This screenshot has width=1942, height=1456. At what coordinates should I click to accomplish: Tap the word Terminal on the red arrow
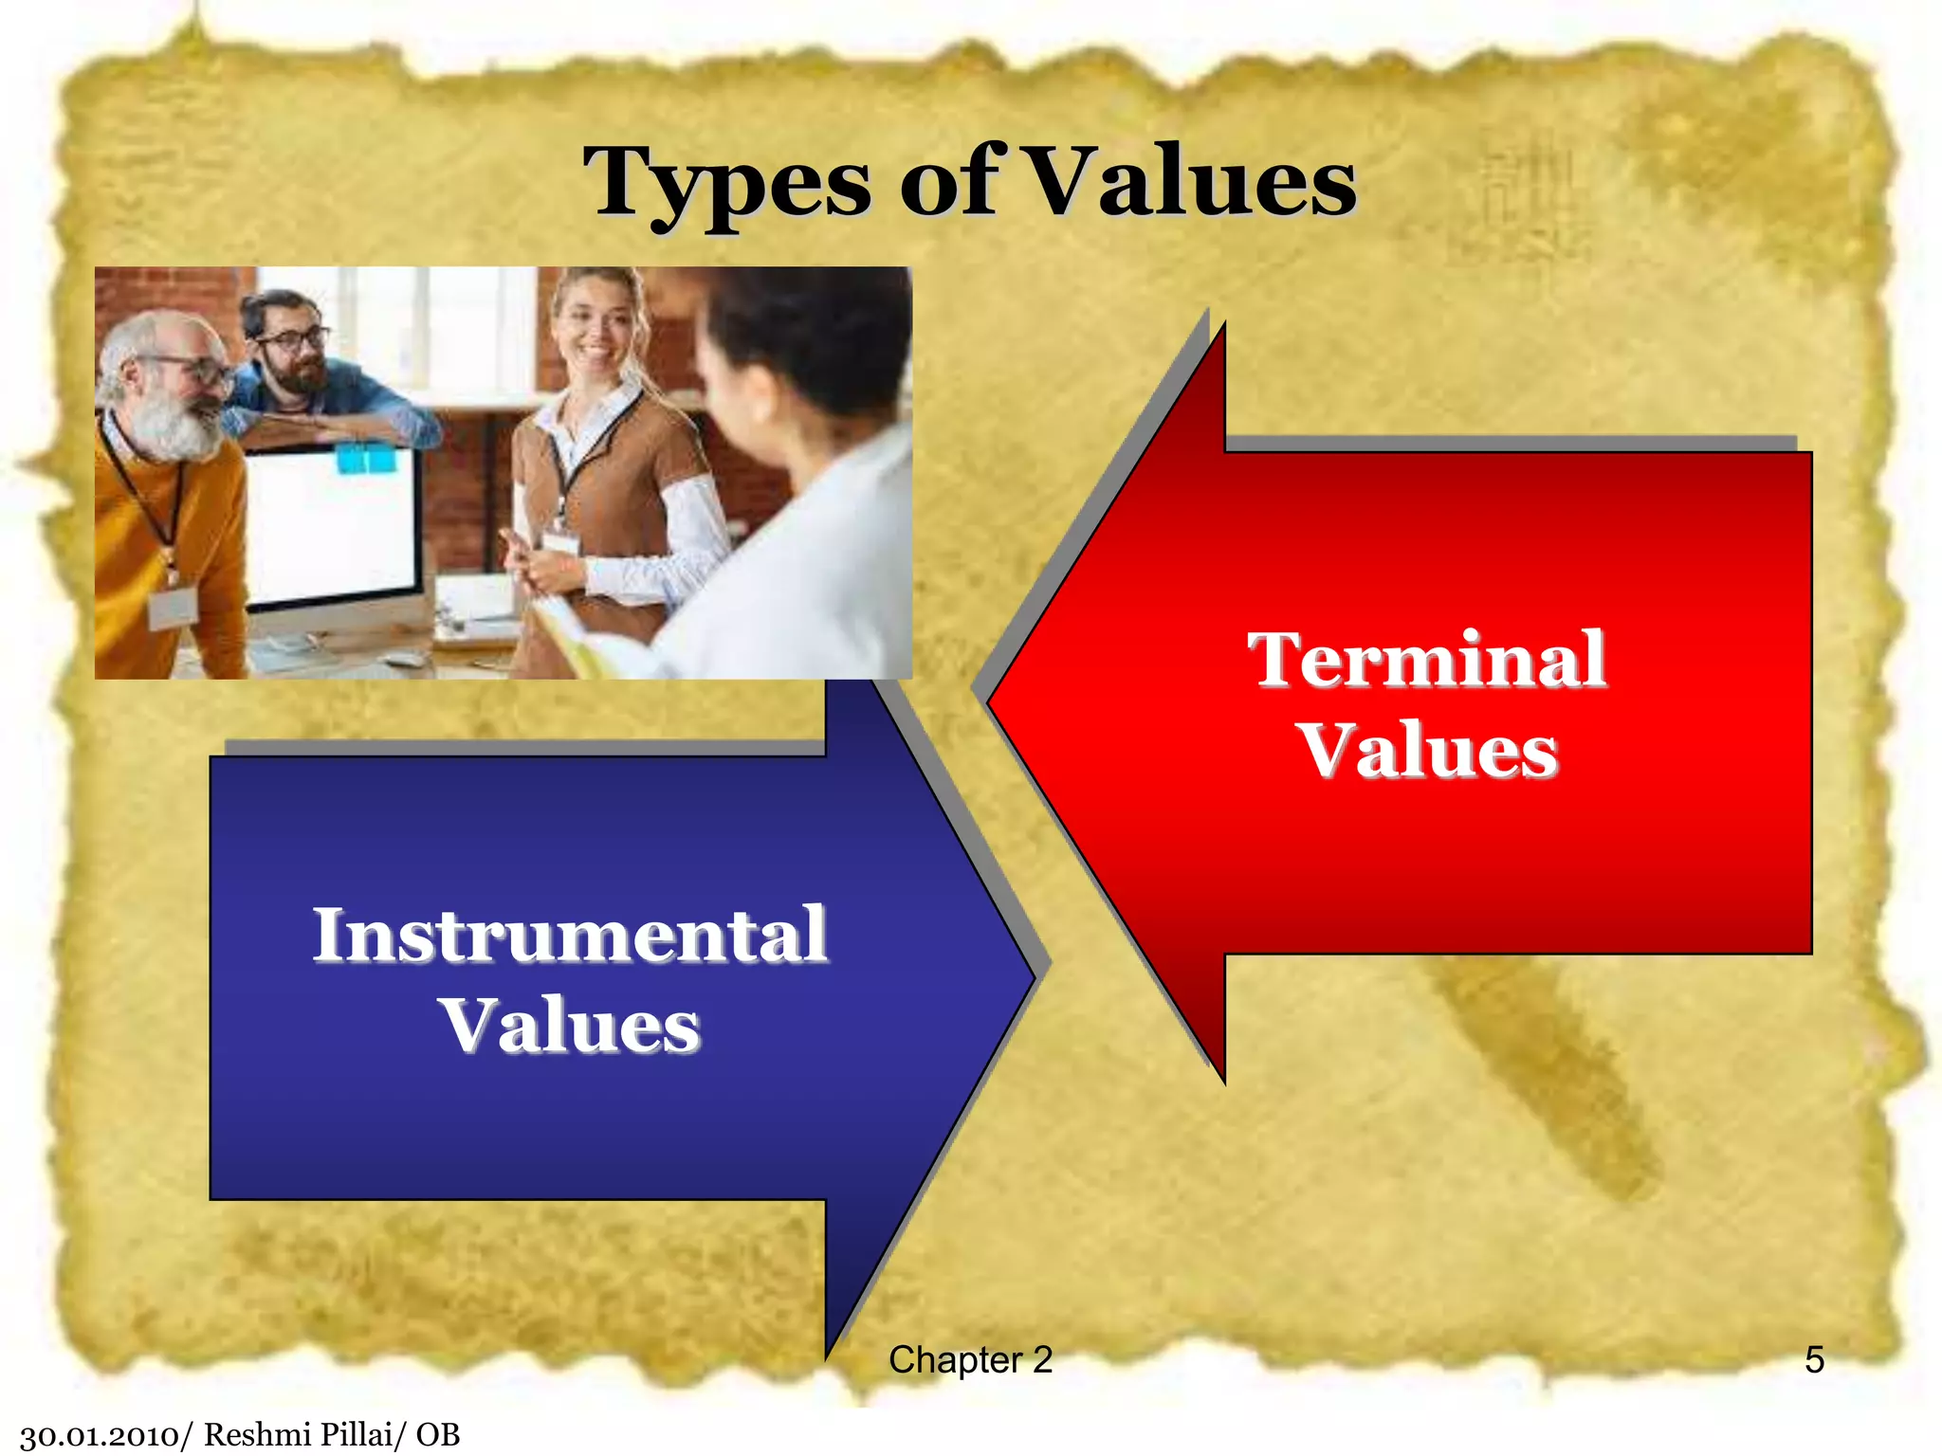[1426, 660]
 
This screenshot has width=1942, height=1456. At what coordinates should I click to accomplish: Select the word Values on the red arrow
[1428, 751]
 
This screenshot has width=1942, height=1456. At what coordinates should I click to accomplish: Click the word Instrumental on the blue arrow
[570, 935]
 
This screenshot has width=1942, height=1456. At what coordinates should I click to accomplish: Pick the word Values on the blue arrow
[570, 1026]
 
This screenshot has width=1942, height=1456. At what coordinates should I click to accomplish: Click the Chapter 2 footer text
[970, 1360]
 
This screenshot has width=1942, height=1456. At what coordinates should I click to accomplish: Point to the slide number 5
[1814, 1360]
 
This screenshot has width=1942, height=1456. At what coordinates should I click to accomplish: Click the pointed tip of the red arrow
[991, 702]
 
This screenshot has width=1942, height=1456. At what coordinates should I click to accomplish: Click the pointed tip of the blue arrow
[1034, 976]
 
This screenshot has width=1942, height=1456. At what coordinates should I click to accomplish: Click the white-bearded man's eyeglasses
[190, 368]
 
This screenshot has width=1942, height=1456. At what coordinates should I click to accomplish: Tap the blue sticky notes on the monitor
[366, 460]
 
